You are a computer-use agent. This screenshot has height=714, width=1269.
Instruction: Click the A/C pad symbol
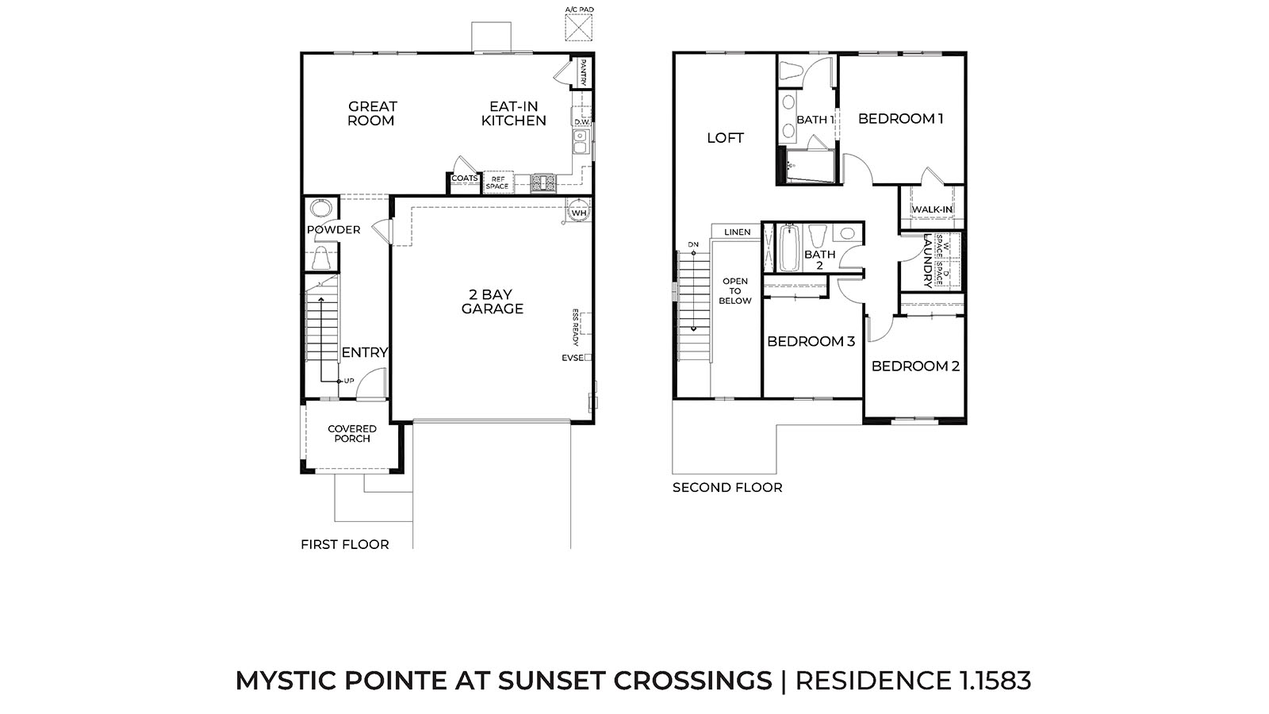point(578,28)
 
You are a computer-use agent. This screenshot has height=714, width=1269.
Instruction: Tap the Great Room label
point(372,113)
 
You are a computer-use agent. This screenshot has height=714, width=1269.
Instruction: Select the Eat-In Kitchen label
point(514,113)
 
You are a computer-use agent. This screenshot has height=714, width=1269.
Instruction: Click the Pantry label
point(583,72)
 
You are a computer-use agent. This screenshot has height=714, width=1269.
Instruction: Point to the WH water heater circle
point(578,211)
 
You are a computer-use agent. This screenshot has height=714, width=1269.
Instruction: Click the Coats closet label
point(465,178)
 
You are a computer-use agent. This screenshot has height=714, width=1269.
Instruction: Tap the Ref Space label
point(496,182)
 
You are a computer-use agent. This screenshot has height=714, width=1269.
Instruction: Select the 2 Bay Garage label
point(492,301)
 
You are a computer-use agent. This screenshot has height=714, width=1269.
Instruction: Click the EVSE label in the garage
point(572,358)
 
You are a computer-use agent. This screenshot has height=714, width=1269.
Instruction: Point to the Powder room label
point(334,229)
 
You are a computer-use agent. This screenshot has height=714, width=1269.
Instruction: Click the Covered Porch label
point(352,433)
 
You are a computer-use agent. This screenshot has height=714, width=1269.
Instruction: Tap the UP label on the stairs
point(349,381)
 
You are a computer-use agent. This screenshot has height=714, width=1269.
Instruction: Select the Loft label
point(725,138)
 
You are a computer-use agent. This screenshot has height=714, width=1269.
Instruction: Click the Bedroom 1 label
point(900,118)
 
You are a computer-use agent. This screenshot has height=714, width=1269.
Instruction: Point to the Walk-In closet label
point(932,209)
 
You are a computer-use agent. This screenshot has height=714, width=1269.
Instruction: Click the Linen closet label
point(738,232)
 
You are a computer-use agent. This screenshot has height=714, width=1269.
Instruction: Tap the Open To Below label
point(734,290)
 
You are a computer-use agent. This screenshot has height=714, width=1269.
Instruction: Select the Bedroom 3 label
point(811,341)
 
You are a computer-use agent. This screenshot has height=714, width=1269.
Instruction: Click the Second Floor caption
point(727,487)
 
